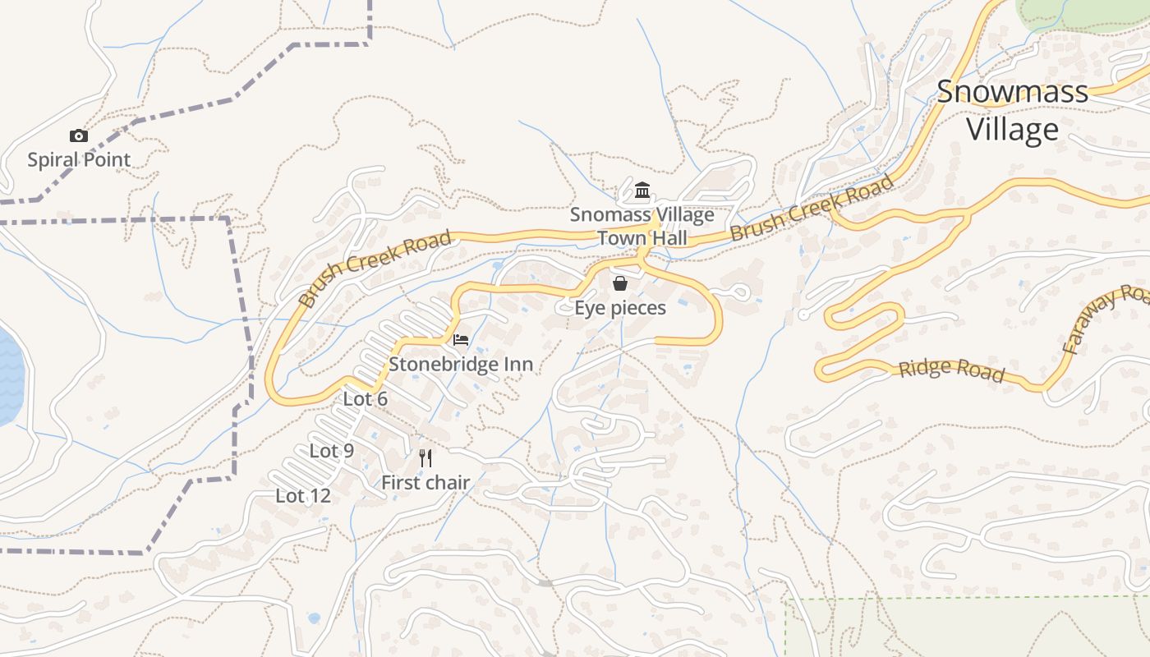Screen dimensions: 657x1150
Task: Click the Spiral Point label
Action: [x=79, y=159]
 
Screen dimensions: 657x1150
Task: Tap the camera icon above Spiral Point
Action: [x=79, y=136]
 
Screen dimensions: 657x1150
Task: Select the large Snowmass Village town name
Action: [x=1012, y=111]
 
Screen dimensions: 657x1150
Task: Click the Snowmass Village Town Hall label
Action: [x=642, y=227]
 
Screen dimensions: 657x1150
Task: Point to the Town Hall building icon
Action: [x=642, y=191]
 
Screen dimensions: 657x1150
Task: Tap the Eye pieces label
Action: [x=619, y=308]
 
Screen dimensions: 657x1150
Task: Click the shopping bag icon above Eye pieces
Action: [x=620, y=284]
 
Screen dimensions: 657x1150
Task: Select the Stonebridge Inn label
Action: [x=461, y=364]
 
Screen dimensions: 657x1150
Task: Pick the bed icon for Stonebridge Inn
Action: [x=461, y=340]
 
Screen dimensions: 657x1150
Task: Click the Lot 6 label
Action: [x=366, y=399]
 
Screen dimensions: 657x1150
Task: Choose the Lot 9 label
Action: [x=332, y=451]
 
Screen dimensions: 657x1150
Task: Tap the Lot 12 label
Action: [x=303, y=496]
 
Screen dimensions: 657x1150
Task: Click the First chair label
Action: [x=425, y=483]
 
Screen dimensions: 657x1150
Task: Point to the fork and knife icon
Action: [x=425, y=458]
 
